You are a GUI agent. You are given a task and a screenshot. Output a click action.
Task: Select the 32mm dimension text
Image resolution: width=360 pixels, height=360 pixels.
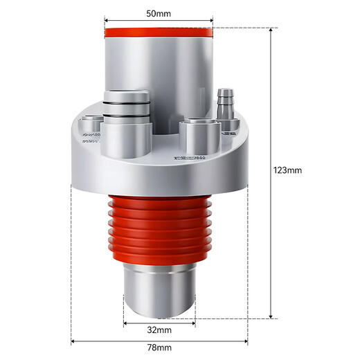point(159,331)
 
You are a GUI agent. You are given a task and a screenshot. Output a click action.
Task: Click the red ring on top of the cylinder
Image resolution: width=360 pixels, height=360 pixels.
point(159,32)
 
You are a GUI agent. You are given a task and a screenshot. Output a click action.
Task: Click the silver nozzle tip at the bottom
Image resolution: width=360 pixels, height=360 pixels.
point(159,291)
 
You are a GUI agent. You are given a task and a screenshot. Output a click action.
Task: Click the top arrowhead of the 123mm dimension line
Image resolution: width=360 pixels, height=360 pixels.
point(270,31)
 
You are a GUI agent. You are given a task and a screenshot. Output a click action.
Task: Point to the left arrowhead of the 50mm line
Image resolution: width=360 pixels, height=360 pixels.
point(107,20)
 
